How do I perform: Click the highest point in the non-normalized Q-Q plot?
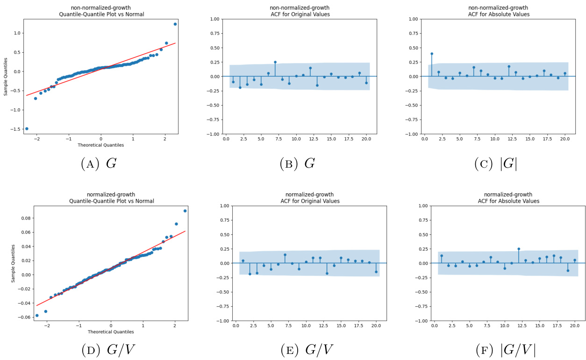(x=175, y=24)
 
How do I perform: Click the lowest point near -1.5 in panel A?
(x=27, y=128)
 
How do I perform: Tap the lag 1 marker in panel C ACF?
(x=431, y=54)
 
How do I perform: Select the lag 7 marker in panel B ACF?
(x=275, y=62)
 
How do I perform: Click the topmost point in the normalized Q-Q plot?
(x=185, y=211)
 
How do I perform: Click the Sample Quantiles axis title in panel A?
(x=6, y=77)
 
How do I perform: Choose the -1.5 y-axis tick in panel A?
(x=14, y=128)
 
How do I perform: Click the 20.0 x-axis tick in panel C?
(x=565, y=139)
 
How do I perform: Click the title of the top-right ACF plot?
(x=498, y=11)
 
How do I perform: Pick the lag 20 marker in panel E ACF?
(x=376, y=272)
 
